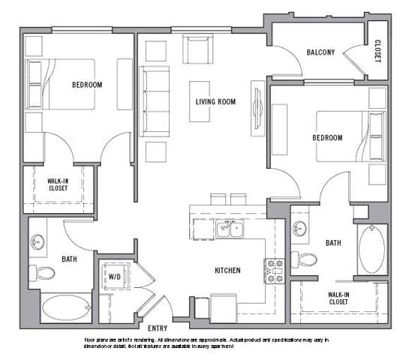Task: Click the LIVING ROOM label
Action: tap(216, 101)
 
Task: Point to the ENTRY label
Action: tap(158, 328)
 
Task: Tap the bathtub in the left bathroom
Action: tap(65, 307)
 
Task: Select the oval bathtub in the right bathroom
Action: tap(371, 250)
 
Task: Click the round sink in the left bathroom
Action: tap(38, 241)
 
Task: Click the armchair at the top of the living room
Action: tap(199, 49)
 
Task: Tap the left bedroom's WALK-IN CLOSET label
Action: tap(58, 184)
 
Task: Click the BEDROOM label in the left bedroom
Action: tap(87, 85)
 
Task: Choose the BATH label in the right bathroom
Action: tap(334, 243)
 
